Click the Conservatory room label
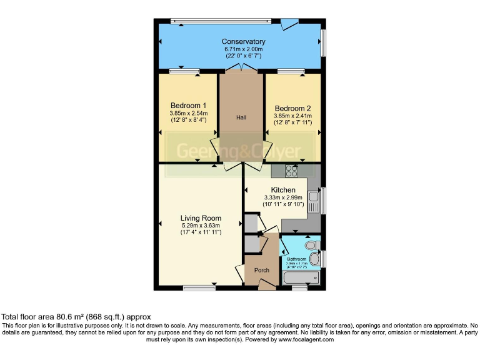(243, 42)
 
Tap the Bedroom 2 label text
(292, 107)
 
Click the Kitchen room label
(282, 190)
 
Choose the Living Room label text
(201, 218)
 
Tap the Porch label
(261, 270)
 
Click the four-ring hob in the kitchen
(292, 170)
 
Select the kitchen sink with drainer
(314, 200)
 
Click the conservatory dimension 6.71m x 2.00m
(243, 49)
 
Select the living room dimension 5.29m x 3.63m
(201, 225)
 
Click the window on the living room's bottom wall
(199, 287)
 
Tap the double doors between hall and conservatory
(241, 68)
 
